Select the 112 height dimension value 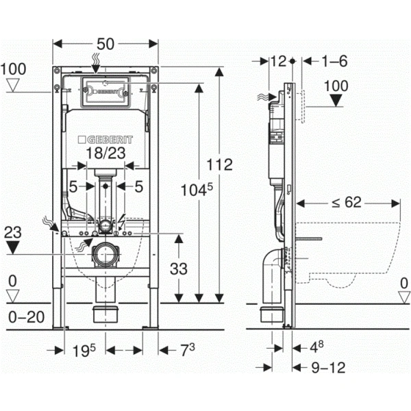point(220,165)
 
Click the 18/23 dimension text point(106,153)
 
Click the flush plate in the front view point(106,92)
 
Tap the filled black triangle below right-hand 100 point(336,101)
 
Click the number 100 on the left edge point(14,69)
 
